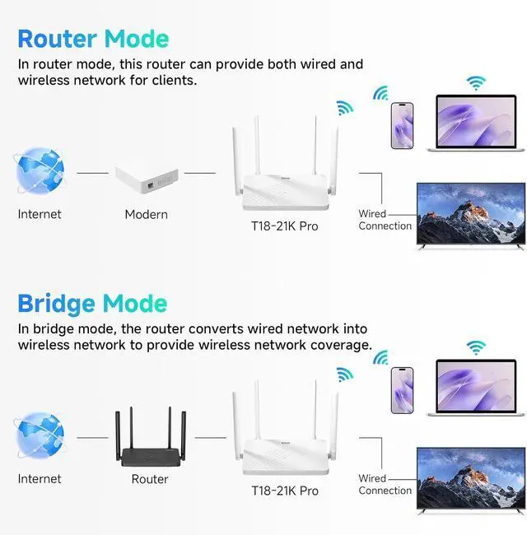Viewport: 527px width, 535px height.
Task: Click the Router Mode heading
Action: pos(93,38)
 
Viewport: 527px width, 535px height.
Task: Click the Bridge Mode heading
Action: pos(92,303)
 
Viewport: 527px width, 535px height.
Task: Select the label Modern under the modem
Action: pos(146,215)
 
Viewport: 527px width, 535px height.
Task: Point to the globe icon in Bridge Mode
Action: pos(40,437)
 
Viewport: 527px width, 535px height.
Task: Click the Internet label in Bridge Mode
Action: pos(40,479)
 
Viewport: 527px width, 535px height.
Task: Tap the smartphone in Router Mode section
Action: pos(402,125)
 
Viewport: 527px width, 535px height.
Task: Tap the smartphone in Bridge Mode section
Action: pos(402,388)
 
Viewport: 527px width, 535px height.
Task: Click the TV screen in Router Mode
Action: pos(470,216)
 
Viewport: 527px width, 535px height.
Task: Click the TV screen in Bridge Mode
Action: pos(470,480)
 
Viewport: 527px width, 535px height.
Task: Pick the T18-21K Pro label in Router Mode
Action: pos(285,226)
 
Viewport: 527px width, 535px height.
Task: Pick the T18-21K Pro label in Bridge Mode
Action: pos(285,491)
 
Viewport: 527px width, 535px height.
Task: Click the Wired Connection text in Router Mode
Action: pos(385,220)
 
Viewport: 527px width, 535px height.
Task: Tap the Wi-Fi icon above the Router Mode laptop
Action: pos(475,83)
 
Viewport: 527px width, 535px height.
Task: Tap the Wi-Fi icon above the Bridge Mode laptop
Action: pos(475,347)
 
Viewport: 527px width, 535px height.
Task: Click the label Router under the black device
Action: pos(150,479)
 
